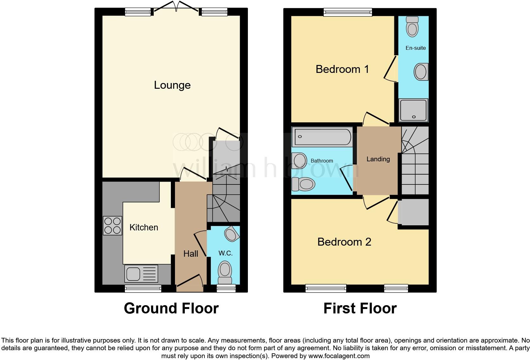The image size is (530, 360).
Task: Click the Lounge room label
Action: coord(172,85)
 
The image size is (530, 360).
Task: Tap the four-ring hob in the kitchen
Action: coord(113,225)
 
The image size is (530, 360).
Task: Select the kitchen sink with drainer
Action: coord(141,273)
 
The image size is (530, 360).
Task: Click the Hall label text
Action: coord(191,254)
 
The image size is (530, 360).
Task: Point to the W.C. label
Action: coord(225,253)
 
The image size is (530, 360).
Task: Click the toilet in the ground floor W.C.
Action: coord(225,272)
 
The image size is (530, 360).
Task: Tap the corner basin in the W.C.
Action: coord(231,234)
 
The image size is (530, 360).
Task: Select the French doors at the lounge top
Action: coord(176,7)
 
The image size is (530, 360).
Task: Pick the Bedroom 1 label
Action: coord(342,69)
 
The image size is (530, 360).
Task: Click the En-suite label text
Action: coord(416,48)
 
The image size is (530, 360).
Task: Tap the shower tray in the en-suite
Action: coord(414,110)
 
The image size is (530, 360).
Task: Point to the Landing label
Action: coord(378,159)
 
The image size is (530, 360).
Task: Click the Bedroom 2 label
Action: coord(344,242)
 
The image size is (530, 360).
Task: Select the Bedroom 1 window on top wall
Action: coord(348,12)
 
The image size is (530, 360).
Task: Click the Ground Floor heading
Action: coord(171,308)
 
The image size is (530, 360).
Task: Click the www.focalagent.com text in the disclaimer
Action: coord(339,356)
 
